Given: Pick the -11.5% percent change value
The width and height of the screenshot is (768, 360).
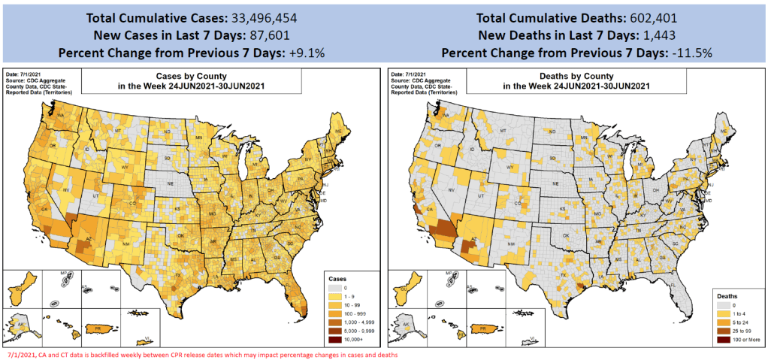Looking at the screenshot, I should coord(688,53).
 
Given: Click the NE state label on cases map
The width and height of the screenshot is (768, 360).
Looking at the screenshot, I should coord(169,183).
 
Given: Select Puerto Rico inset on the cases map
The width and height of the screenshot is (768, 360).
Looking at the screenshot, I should coord(98,328).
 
